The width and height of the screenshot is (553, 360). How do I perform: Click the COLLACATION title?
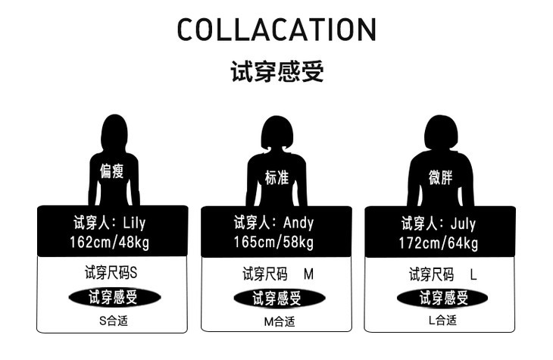[x=276, y=30]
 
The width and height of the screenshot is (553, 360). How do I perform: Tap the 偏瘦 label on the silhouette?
[x=112, y=171]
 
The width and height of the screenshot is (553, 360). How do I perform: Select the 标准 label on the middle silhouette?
[x=276, y=177]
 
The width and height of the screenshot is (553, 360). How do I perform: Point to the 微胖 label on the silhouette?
[x=440, y=177]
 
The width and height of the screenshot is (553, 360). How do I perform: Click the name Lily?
[x=132, y=224]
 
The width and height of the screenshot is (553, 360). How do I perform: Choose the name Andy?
[x=298, y=224]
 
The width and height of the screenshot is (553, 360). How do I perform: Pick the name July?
[x=462, y=224]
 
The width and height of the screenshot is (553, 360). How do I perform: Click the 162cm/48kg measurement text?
[x=111, y=243]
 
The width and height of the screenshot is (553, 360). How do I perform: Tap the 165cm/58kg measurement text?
[x=276, y=243]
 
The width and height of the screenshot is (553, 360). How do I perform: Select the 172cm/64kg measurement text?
[x=439, y=243]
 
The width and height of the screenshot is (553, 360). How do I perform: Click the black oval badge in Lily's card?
[x=113, y=297]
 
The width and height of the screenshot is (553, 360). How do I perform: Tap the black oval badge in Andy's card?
[x=277, y=298]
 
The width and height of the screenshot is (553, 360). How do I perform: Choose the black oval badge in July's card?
[x=442, y=298]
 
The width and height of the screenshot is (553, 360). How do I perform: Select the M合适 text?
[x=277, y=321]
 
